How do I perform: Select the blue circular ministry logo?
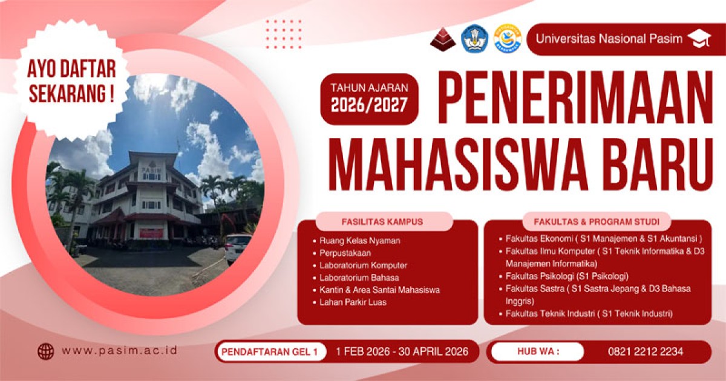click(474, 39)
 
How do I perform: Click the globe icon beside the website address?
click(46, 351)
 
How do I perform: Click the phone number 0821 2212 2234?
click(646, 351)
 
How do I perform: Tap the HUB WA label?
click(538, 351)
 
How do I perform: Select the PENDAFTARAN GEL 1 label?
click(271, 351)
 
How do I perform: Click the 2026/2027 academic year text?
click(369, 105)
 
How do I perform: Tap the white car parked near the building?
click(238, 247)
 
